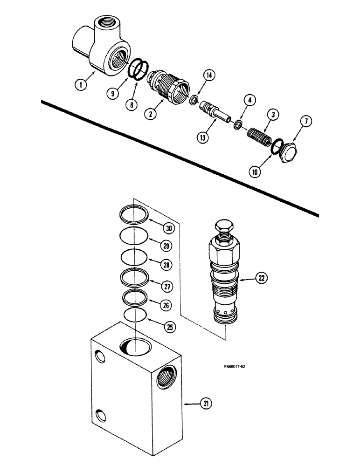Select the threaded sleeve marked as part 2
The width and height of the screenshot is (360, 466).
click(x=167, y=84)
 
